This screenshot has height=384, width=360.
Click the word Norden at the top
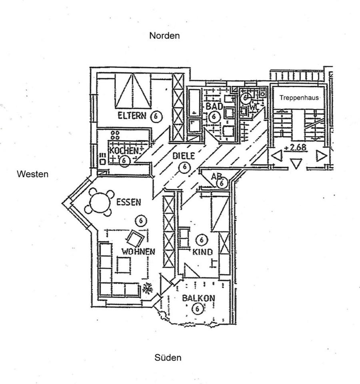[164, 36]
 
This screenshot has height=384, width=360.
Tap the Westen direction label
[32, 174]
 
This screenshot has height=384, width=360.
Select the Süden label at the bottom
[168, 358]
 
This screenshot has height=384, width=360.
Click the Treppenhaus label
[299, 98]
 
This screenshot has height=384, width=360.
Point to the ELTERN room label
[132, 115]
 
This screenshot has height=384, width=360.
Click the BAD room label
[214, 106]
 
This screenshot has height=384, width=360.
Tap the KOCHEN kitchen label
[124, 150]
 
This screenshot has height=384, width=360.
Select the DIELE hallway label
[184, 156]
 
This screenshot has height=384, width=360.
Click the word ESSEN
[128, 202]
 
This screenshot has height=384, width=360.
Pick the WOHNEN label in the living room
[138, 252]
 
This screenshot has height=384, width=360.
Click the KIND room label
[202, 252]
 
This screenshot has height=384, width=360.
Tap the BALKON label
[199, 298]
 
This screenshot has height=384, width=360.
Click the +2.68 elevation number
[295, 148]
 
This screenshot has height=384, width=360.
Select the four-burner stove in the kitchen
[115, 135]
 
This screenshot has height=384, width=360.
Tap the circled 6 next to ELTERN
[156, 116]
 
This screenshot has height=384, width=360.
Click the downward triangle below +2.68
[296, 163]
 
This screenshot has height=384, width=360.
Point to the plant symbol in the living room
[148, 288]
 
